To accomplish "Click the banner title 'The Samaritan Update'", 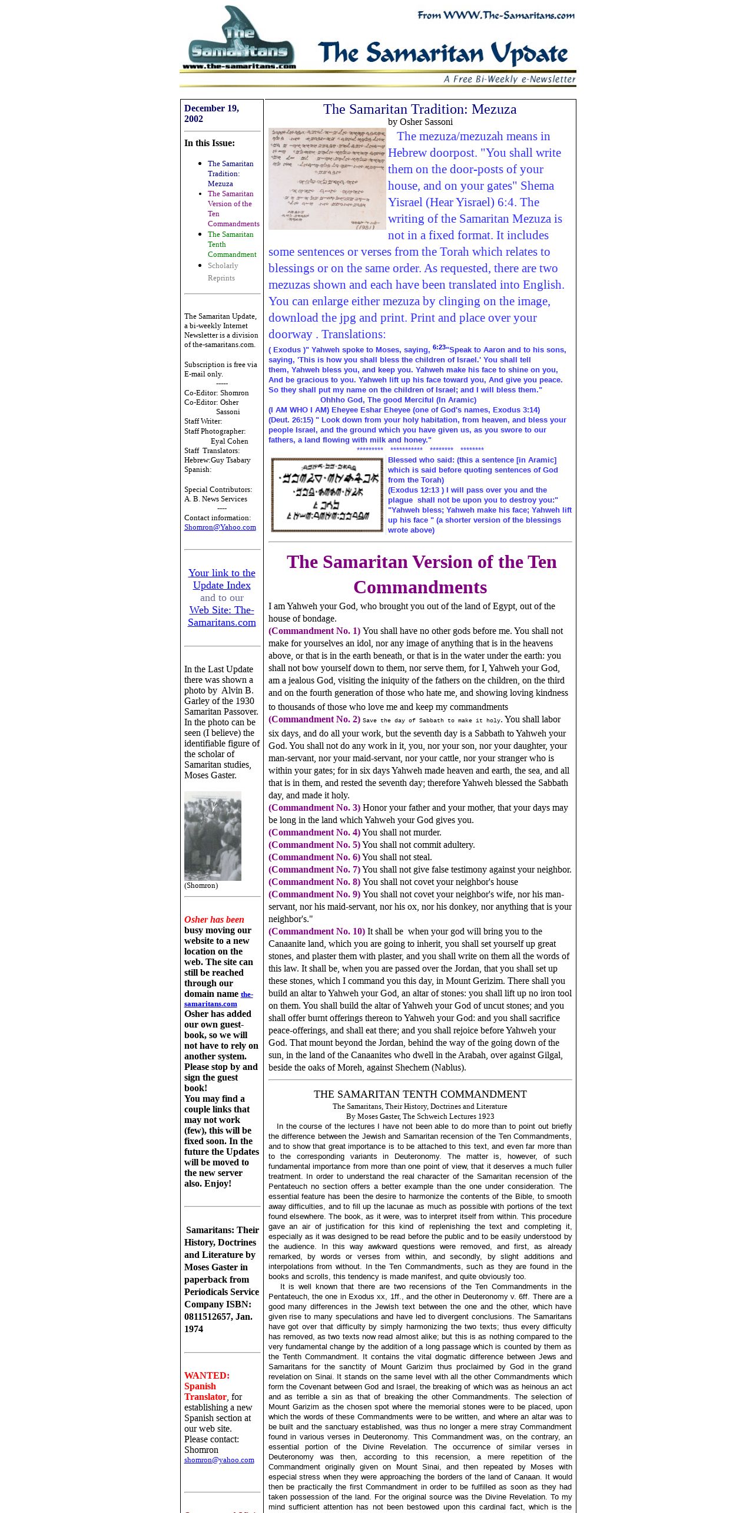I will pyautogui.click(x=443, y=54).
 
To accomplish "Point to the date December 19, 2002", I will pyautogui.click(x=211, y=113).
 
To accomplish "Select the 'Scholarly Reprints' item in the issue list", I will pyautogui.click(x=222, y=272).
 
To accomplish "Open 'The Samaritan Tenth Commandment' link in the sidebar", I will pyautogui.click(x=231, y=244).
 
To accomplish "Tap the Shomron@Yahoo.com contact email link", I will pyautogui.click(x=220, y=527).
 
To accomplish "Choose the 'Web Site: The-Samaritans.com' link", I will pyautogui.click(x=221, y=616).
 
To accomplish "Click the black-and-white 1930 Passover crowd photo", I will pyautogui.click(x=213, y=835).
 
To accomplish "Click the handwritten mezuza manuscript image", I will pyautogui.click(x=327, y=179).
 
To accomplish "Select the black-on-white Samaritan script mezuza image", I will pyautogui.click(x=327, y=495).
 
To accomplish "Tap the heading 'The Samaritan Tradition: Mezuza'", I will pyautogui.click(x=419, y=109).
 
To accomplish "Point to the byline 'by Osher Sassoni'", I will pyautogui.click(x=420, y=122).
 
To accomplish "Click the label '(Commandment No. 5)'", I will pyautogui.click(x=314, y=845).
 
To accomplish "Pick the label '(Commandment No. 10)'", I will pyautogui.click(x=317, y=931).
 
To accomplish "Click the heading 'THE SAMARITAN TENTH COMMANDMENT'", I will pyautogui.click(x=420, y=1094).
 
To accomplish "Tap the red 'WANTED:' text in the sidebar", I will pyautogui.click(x=207, y=1376).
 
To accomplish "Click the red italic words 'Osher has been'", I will pyautogui.click(x=214, y=920).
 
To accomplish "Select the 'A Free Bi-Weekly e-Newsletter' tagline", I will pyautogui.click(x=509, y=80).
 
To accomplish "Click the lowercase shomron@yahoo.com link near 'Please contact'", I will pyautogui.click(x=219, y=1460).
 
